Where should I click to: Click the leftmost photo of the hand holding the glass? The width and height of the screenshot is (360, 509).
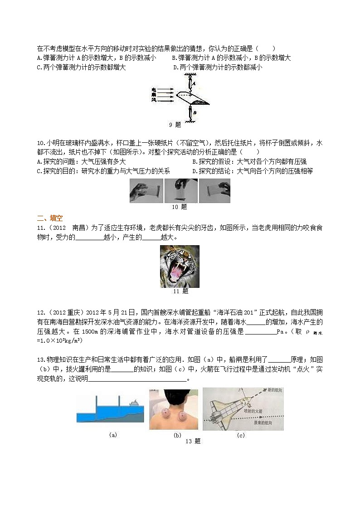[x=146, y=190]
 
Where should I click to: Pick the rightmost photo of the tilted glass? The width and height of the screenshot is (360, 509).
[x=214, y=190]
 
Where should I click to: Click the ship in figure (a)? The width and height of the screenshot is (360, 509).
[x=134, y=402]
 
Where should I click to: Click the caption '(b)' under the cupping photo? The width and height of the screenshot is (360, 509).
[x=177, y=435]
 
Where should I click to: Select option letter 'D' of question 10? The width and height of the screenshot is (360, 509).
[x=194, y=171]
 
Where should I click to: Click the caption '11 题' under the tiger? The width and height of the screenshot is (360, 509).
[x=180, y=291]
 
